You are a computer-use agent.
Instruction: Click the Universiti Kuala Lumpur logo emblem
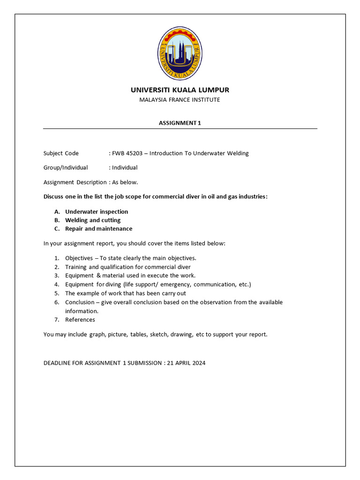click(180, 52)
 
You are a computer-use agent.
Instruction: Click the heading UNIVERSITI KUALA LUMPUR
click(180, 90)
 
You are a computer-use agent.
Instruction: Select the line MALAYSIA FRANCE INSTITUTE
click(180, 100)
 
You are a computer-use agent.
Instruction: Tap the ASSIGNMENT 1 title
click(180, 123)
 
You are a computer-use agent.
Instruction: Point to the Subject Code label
click(61, 153)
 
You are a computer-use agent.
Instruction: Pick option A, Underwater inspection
click(97, 212)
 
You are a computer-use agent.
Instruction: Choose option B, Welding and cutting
click(93, 220)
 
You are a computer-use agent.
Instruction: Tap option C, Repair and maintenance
click(98, 229)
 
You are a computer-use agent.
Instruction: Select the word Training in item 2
click(76, 267)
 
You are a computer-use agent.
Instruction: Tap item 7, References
click(80, 320)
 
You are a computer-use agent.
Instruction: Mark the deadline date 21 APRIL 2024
click(186, 363)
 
